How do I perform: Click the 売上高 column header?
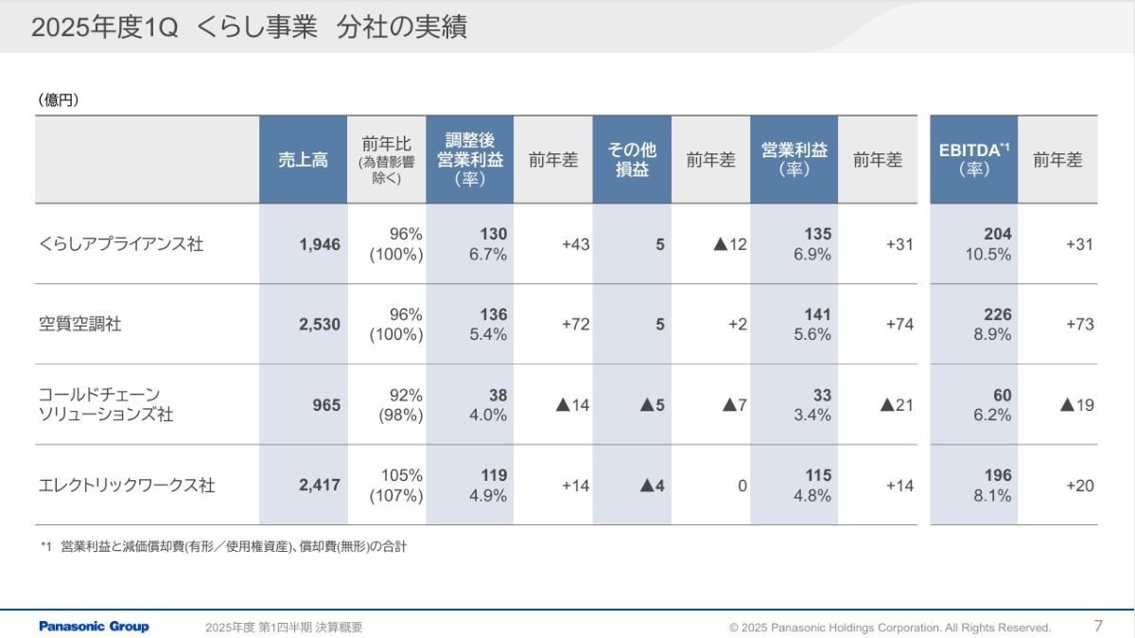click(x=303, y=160)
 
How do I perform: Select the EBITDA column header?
click(x=973, y=160)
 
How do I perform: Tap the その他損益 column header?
click(x=632, y=160)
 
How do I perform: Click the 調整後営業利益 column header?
click(x=470, y=160)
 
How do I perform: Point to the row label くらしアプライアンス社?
click(x=121, y=244)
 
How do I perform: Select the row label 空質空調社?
click(x=80, y=325)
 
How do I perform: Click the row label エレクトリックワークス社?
click(x=127, y=486)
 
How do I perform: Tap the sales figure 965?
click(x=326, y=405)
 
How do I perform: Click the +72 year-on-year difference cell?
click(x=575, y=325)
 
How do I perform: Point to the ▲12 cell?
click(x=729, y=244)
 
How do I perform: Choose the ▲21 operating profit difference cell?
click(x=897, y=405)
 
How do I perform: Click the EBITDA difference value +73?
click(x=1079, y=325)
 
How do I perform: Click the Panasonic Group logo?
click(x=94, y=627)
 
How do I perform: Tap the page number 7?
click(x=1098, y=626)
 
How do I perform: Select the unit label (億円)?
click(x=59, y=99)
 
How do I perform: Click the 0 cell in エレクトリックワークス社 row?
click(x=742, y=486)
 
